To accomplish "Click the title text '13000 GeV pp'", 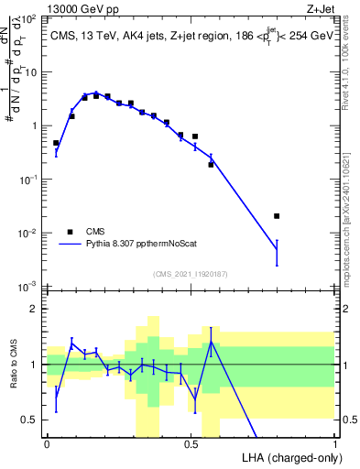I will [77, 7].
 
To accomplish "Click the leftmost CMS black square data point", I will [56, 143].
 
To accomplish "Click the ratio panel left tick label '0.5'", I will [28, 420].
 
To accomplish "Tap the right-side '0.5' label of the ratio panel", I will [349, 420].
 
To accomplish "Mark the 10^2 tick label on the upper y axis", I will [29, 18].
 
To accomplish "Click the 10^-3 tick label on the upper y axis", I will [29, 287].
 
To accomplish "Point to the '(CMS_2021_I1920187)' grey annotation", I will [191, 275].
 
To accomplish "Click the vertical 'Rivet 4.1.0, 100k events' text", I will [351, 56].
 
